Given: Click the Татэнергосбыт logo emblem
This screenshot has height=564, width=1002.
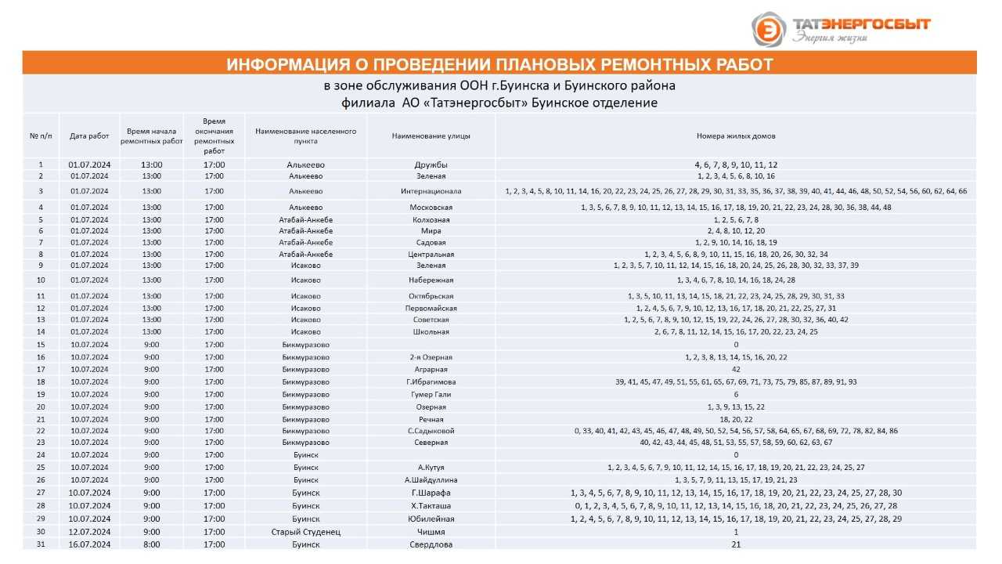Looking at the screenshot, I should coord(769,29).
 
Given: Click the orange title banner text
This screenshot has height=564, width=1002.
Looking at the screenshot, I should coord(499,64).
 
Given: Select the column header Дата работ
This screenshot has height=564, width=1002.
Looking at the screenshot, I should coord(89,136).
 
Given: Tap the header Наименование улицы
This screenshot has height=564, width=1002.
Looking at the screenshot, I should coord(431,136).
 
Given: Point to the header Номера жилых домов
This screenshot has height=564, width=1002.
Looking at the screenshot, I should coord(736,136).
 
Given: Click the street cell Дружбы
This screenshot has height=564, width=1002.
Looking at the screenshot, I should coord(431,164).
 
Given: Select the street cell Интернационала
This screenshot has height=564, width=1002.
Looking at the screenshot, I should coord(431,191).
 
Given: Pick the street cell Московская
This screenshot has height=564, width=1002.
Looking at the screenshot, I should coord(431,208).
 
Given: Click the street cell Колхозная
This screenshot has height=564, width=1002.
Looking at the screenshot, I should coord(431,220).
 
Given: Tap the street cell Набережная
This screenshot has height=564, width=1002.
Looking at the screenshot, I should coord(431,280).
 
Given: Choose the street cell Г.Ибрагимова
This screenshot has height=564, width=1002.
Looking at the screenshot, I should coord(431,382).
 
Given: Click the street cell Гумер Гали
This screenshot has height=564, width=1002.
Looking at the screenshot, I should coord(431,395).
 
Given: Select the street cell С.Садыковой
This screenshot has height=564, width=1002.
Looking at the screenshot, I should coord(431,431).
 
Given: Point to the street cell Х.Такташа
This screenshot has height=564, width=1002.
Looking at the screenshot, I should coord(431,506).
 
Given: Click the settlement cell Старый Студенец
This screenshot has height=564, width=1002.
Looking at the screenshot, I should coord(306,532).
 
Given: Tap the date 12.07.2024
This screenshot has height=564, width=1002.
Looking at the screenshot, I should coord(89,532).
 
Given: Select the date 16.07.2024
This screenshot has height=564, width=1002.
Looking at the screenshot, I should coord(89,544).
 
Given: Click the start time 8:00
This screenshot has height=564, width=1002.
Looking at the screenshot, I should coord(152,544).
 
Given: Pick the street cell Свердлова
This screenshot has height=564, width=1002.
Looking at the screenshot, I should coord(431,544).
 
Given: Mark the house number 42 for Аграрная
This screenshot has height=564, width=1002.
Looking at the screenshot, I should coord(736,369).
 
